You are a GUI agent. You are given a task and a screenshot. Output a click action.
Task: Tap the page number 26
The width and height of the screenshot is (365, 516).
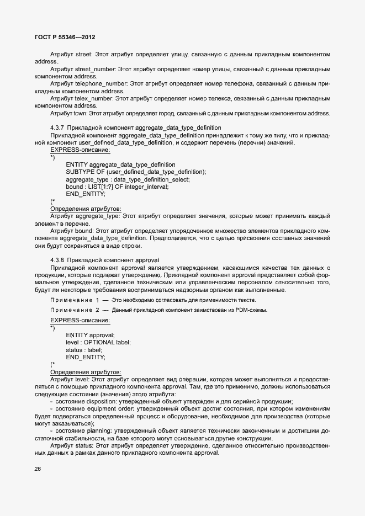click(x=38, y=468)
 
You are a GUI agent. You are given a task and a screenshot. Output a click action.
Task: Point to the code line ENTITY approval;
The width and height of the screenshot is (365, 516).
click(x=90, y=335)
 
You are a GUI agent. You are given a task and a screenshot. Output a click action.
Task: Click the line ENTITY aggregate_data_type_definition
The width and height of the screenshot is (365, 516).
click(x=120, y=164)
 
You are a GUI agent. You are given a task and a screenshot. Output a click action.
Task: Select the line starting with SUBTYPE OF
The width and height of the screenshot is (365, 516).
click(x=136, y=172)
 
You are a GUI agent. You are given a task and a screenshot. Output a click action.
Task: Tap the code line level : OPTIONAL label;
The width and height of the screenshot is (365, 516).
click(x=98, y=342)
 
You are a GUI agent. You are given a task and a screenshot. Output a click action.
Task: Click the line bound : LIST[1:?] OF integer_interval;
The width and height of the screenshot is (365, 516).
click(x=117, y=187)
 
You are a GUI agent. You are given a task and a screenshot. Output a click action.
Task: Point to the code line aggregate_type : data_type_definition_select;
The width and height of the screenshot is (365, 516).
click(x=128, y=179)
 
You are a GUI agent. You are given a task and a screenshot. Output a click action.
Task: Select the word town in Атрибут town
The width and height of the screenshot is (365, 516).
click(x=81, y=113)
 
